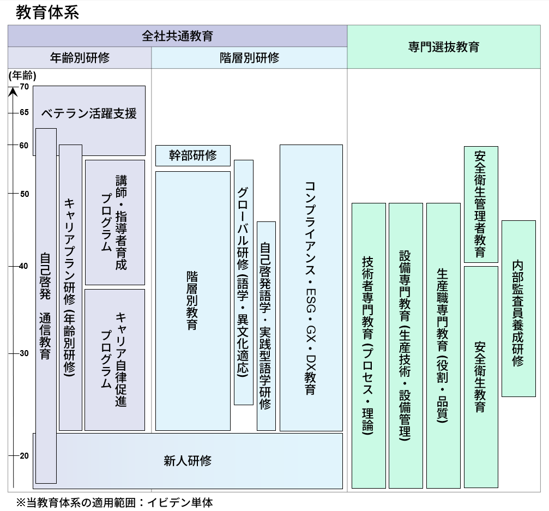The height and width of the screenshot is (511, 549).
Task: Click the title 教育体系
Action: click(47, 12)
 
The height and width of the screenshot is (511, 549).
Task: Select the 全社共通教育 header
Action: click(177, 36)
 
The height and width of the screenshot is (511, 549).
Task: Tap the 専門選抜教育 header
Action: click(443, 47)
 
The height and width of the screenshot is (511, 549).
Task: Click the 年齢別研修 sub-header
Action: click(80, 58)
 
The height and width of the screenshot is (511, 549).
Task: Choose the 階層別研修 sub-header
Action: click(249, 58)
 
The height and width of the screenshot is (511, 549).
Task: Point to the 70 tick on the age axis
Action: click(24, 86)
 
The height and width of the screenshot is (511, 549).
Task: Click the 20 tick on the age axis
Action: click(24, 456)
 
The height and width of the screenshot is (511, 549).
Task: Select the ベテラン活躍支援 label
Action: click(89, 113)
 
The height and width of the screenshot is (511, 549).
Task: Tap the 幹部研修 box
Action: click(192, 155)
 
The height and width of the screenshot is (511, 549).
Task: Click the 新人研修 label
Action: click(188, 460)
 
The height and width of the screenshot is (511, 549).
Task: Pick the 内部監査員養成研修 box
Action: click(518, 308)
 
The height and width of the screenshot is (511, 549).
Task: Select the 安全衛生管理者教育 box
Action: click(480, 204)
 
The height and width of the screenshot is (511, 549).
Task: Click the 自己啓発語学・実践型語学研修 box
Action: click(266, 326)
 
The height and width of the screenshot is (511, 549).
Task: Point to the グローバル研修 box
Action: click(243, 282)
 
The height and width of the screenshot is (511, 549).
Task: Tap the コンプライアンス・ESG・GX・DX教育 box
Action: click(311, 287)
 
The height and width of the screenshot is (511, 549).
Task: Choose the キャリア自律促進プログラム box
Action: click(114, 359)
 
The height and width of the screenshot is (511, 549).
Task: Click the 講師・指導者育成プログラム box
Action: click(114, 222)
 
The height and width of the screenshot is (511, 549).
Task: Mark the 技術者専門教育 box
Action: click(368, 345)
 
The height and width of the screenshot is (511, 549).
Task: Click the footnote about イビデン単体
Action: click(114, 502)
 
